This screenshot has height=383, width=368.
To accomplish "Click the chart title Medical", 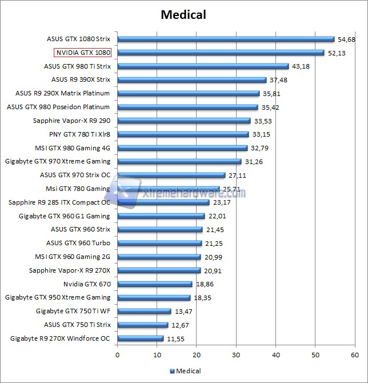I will [183, 14].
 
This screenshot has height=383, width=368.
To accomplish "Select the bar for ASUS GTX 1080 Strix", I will [226, 39].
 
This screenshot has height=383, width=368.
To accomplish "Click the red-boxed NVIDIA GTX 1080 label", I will [82, 53].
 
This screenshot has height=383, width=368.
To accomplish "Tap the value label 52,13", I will [336, 53].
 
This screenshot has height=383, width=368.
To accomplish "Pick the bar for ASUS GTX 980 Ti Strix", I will [203, 66].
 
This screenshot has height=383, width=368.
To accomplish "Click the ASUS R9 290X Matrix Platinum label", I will [63, 93].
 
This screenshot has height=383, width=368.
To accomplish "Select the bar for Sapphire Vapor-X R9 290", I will [184, 121].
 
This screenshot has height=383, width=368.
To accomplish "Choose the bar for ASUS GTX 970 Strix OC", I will [171, 175].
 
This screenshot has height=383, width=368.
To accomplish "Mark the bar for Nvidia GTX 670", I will [155, 284].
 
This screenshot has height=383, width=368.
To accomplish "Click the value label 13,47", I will [183, 312].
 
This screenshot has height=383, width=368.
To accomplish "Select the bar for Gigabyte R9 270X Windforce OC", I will [141, 338].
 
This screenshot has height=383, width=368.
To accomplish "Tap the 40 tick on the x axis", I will [276, 355].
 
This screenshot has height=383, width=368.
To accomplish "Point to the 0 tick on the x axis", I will [118, 355].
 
